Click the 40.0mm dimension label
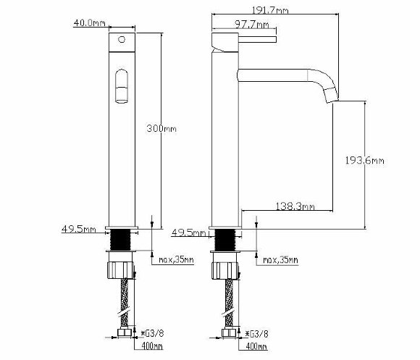click(90, 22)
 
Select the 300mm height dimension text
click(161, 129)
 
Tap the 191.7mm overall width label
click(271, 10)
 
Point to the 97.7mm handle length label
click(252, 25)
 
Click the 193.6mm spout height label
click(364, 161)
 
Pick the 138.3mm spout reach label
click(295, 206)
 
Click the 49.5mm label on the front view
click(79, 230)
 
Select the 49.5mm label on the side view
click(188, 233)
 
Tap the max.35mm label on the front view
click(176, 259)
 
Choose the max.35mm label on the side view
click(280, 259)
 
